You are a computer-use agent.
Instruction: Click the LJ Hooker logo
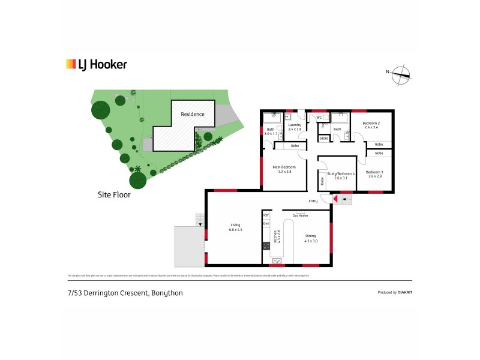tap(96, 64)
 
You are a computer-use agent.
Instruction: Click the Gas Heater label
tap(300, 215)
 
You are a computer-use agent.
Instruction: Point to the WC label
tap(320, 118)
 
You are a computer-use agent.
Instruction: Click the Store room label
tap(324, 139)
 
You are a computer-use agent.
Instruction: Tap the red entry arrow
tap(336, 199)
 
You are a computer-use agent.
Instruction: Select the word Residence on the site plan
tap(193, 114)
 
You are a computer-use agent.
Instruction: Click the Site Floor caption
tap(114, 195)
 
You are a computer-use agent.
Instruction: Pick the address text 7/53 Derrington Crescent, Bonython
tap(125, 293)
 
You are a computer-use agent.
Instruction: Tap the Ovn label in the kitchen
tap(266, 224)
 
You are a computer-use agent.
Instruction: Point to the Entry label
tap(313, 201)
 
